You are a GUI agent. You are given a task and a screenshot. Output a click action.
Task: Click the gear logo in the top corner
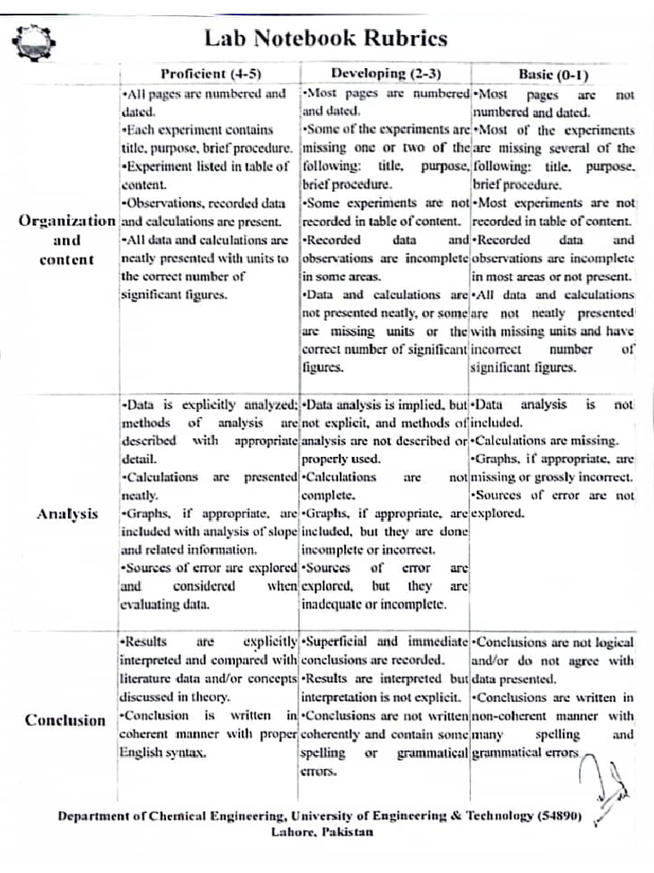[x=33, y=39]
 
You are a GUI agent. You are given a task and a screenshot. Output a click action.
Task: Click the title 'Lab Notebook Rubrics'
[x=326, y=38]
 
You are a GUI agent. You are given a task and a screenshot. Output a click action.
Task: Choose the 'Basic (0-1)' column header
[x=554, y=74]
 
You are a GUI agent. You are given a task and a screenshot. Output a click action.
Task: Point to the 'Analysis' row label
[x=67, y=514]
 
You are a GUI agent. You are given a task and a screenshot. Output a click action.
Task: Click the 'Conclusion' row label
[x=66, y=720]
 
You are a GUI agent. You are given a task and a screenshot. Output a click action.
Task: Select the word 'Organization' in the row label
[x=66, y=222]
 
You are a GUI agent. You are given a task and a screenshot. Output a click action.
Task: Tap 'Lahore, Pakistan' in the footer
[x=322, y=832]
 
